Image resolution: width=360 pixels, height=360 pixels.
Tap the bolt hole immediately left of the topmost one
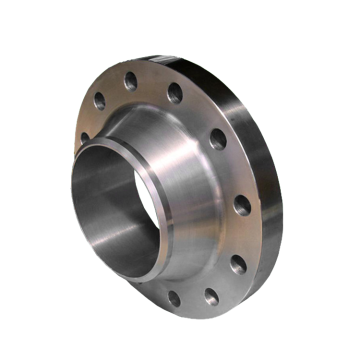point(99,100)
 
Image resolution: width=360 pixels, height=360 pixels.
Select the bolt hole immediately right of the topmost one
point(175,94)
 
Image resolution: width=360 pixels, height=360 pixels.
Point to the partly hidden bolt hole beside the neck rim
point(84,137)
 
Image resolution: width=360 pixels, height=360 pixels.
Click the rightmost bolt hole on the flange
point(241,207)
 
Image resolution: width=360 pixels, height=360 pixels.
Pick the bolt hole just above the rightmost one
point(216,139)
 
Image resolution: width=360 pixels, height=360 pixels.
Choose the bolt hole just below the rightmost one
point(237,265)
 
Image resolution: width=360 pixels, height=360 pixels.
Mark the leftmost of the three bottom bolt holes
point(173,298)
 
